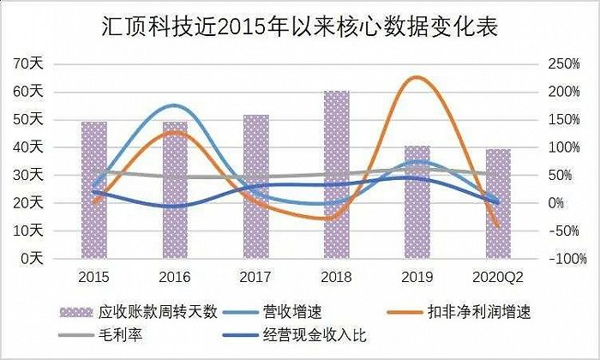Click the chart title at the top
299,27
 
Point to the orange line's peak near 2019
415,77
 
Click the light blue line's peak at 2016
174,105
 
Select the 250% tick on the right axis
549,63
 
